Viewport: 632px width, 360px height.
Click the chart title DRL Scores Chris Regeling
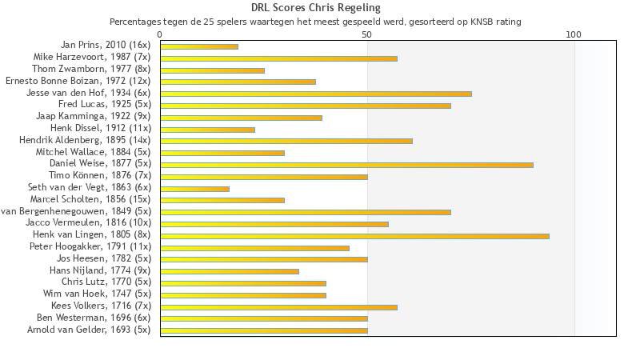(315, 8)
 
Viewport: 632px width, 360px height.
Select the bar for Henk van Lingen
(354, 236)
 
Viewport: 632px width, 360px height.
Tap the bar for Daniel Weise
(346, 165)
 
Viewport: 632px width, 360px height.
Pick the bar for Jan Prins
(199, 46)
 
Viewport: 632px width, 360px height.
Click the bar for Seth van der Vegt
(194, 189)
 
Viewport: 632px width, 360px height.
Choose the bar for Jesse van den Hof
(316, 94)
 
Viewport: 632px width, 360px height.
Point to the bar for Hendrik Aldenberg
(286, 141)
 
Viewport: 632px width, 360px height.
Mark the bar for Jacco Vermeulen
(274, 224)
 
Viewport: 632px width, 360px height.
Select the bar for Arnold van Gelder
(264, 330)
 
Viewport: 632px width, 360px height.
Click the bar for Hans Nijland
(230, 271)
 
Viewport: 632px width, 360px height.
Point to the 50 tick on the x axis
(366, 35)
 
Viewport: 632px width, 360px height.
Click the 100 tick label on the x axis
(574, 35)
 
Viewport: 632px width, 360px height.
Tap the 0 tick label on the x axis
(160, 35)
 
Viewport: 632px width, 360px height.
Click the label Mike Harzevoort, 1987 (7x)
(92, 58)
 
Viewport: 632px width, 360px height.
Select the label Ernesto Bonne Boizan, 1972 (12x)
(78, 82)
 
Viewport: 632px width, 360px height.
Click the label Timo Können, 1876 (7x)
(100, 175)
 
